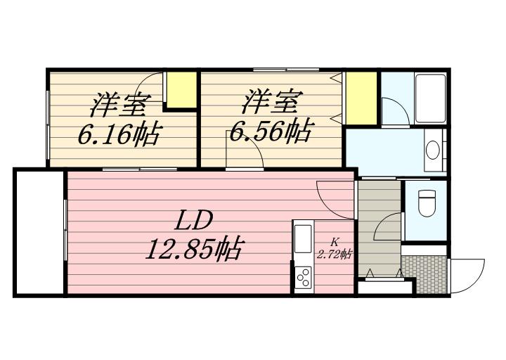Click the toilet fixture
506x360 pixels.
(427, 203)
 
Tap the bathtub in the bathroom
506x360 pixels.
(431, 98)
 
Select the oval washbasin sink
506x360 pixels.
(432, 150)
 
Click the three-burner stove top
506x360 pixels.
(304, 278)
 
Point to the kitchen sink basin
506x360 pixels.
(303, 239)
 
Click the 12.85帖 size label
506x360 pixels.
(193, 250)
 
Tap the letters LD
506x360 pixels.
(194, 221)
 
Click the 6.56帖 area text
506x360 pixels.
(270, 131)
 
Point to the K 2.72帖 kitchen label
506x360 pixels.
(335, 249)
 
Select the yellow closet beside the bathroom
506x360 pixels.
(361, 98)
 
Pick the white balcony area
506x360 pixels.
(40, 232)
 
